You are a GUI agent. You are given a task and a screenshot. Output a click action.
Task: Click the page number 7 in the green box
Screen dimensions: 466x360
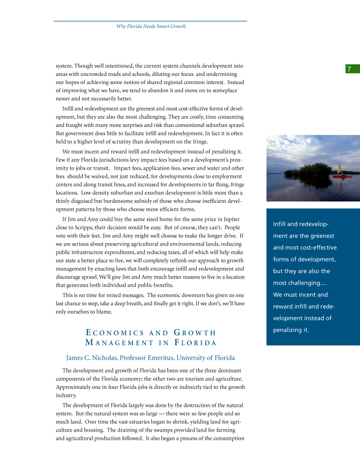pyautogui.click(x=349, y=69)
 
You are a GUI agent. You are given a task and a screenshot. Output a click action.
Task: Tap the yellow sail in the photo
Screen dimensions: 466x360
pyautogui.click(x=340, y=168)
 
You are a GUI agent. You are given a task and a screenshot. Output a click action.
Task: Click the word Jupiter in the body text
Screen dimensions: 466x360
pyautogui.click(x=231, y=219)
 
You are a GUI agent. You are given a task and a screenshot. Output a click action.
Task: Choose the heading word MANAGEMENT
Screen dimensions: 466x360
pyautogui.click(x=119, y=343)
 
